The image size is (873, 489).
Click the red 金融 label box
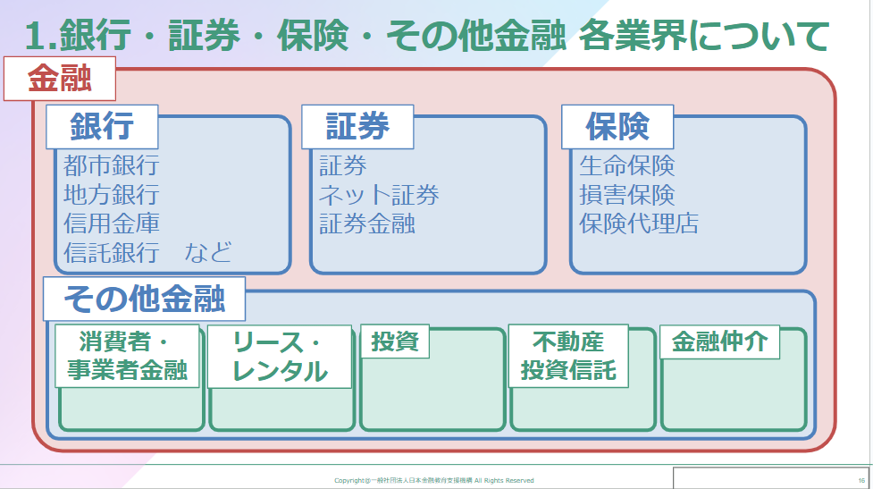[60, 79]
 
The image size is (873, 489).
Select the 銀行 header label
[102, 127]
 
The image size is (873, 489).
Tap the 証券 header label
[357, 127]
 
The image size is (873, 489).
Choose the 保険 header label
[617, 127]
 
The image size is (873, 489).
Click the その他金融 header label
[145, 299]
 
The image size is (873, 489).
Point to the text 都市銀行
[112, 165]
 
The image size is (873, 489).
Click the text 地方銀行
[112, 194]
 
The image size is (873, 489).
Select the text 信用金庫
[112, 223]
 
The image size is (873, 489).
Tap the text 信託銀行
[112, 251]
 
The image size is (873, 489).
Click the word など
[208, 251]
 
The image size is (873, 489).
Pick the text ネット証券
[380, 194]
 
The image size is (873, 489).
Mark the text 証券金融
[367, 223]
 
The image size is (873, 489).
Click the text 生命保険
[627, 165]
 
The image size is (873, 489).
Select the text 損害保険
[627, 194]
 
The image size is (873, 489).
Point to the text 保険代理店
[639, 223]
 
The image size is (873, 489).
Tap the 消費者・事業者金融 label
[127, 356]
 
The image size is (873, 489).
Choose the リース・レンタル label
[280, 356]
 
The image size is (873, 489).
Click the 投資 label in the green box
[395, 341]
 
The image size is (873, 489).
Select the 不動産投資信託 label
[568, 355]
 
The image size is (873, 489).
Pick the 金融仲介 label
[719, 341]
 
